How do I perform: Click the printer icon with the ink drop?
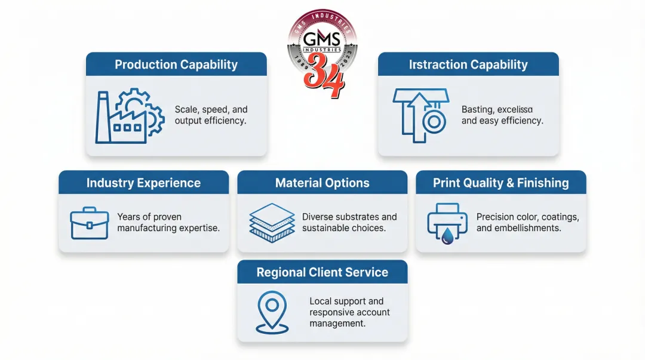[x=447, y=223]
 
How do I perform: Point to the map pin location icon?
[x=272, y=311]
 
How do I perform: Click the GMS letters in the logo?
[x=322, y=39]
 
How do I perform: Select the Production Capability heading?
[x=176, y=64]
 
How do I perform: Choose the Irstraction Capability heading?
[x=468, y=64]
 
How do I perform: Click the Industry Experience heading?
[x=143, y=183]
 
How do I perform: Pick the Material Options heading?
[x=322, y=183]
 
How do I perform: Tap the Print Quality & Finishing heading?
[x=500, y=183]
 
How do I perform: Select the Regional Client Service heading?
[x=322, y=272]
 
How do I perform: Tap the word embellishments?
[x=531, y=228]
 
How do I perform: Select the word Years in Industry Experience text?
[x=129, y=217]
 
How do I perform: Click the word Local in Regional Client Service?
[x=321, y=301]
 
